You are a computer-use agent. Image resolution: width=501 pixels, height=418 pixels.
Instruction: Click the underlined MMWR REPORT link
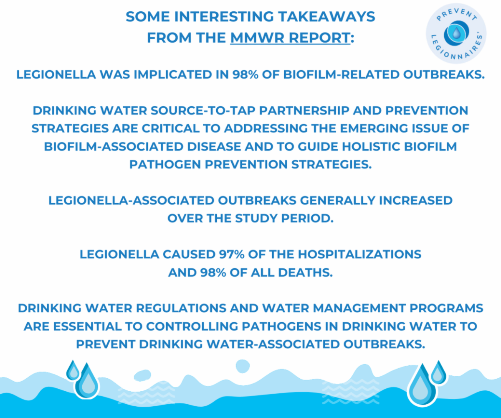coord(290,38)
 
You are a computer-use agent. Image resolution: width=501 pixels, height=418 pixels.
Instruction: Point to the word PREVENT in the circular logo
coord(457,15)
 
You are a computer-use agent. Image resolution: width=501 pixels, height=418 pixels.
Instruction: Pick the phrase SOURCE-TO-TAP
coord(203,110)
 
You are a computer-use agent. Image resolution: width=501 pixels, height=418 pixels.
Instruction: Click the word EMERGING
coord(374,128)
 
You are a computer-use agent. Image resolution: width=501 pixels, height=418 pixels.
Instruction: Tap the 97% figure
coord(232,255)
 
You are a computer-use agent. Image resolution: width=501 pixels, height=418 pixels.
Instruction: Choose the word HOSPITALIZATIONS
coord(359,255)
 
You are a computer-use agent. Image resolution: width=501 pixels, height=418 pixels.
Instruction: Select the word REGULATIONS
coord(181,308)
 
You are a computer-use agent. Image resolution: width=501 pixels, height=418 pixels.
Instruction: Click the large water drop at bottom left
coord(87,382)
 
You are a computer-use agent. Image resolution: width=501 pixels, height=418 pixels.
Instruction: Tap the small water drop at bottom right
coord(438,372)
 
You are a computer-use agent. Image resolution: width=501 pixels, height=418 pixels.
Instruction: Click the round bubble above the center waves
coord(243,366)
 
